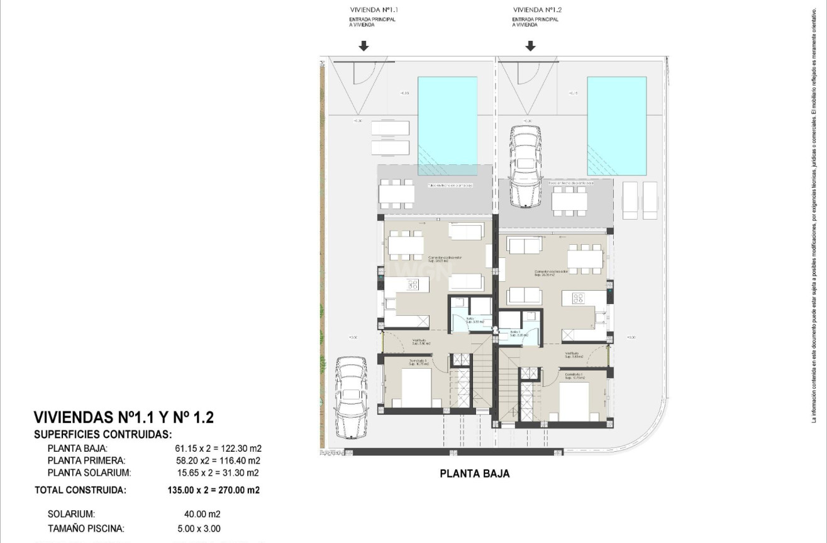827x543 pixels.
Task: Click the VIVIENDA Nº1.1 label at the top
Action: pos(374,10)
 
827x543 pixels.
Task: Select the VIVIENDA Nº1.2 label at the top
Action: pos(536,10)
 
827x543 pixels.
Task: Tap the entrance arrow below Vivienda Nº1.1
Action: pos(364,45)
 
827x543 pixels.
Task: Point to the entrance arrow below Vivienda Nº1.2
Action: pos(530,45)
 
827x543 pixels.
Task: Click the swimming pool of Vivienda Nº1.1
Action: pos(448,126)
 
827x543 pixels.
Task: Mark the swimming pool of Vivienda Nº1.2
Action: pos(616,126)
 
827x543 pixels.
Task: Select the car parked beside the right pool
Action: pos(526,167)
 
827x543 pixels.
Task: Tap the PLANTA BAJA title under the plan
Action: pos(475,474)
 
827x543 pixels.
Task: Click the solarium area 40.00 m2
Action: pos(199,514)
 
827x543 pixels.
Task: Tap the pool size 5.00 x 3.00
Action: pos(199,529)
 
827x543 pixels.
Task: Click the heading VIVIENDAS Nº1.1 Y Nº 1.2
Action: pos(124,417)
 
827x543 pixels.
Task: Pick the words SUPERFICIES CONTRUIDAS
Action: pos(103,434)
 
